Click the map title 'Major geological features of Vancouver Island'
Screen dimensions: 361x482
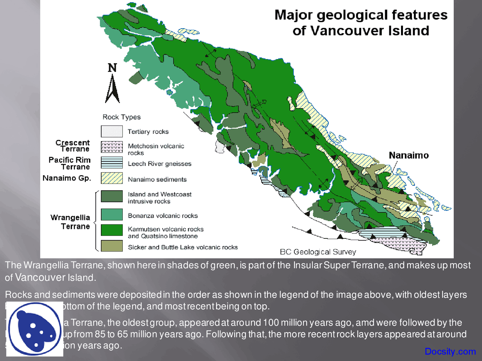pos(361,23)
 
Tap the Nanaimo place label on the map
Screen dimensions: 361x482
pos(409,155)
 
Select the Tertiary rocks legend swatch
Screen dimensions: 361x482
pos(111,131)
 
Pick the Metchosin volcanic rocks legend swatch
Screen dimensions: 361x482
pos(111,147)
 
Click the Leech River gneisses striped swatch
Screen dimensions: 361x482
pos(111,162)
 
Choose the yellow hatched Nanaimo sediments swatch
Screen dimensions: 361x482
pos(111,178)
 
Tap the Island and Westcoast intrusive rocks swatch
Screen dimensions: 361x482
pos(111,196)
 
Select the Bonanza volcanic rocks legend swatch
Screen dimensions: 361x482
pos(111,215)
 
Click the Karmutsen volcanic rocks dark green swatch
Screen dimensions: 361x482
pos(111,230)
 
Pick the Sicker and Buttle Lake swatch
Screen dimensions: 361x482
pos(111,246)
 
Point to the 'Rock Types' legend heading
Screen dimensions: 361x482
pos(122,117)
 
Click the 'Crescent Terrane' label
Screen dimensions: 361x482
pos(73,146)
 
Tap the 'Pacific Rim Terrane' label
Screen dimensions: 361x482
pos(70,163)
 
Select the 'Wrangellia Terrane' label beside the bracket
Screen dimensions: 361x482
pos(70,222)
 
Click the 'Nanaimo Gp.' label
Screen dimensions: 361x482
pos(67,178)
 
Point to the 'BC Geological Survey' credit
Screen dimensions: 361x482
pos(318,252)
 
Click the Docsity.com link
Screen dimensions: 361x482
pos(450,351)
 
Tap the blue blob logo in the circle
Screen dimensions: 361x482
pos(34,329)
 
